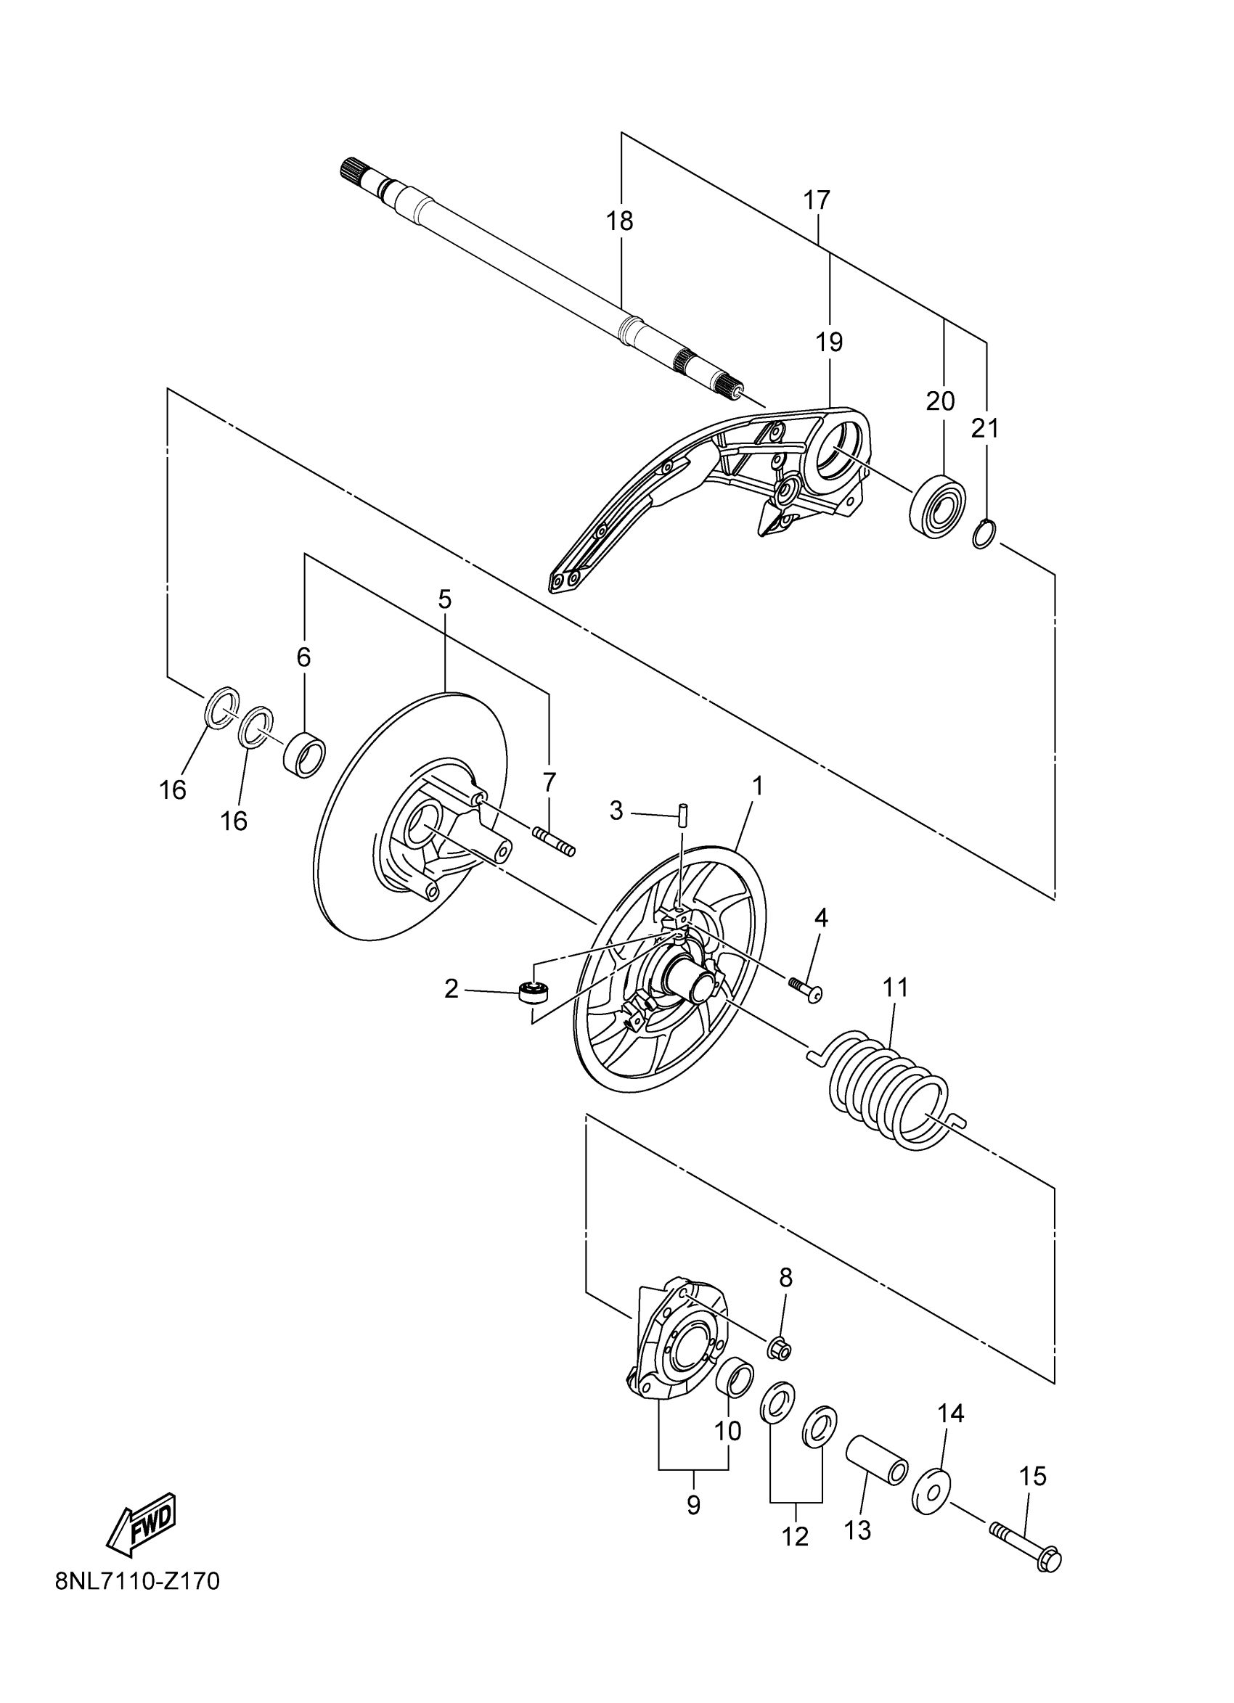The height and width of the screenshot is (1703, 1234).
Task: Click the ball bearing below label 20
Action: point(937,504)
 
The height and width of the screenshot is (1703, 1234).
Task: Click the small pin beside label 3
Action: point(684,813)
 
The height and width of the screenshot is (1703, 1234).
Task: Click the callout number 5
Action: point(445,599)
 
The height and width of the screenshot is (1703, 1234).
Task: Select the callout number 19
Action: point(829,342)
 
